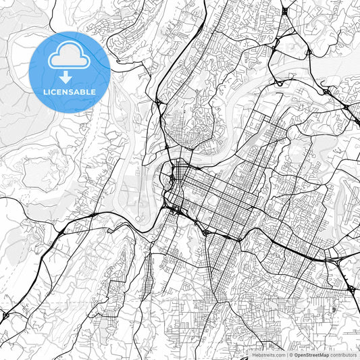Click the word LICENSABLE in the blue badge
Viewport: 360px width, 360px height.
coord(70,91)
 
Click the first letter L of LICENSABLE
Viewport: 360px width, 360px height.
coord(45,91)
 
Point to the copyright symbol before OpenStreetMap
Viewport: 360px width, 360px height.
coord(291,355)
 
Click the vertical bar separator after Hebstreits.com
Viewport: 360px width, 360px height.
coord(286,355)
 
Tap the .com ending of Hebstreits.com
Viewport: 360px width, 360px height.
coord(280,355)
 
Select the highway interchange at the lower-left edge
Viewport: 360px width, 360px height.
coord(6,315)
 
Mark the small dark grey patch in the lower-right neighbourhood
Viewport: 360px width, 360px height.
coord(333,310)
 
